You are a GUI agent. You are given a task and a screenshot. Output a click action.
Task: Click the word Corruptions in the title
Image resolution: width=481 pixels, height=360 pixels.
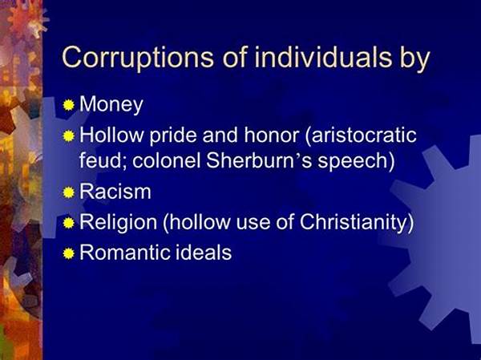138,58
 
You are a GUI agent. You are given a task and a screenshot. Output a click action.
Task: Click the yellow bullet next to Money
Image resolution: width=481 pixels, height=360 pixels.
69,105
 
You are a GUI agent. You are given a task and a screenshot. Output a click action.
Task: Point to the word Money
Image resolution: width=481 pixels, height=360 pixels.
111,105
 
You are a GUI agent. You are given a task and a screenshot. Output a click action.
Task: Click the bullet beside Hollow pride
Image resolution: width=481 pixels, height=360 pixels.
69,136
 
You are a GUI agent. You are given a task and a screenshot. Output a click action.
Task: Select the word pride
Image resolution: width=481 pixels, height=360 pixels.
172,136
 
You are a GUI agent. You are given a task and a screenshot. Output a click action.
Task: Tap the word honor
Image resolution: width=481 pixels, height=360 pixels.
271,136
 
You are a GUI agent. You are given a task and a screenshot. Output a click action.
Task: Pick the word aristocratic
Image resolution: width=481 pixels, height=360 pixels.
361,136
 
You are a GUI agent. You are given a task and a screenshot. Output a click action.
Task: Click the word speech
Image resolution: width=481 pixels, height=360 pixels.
356,160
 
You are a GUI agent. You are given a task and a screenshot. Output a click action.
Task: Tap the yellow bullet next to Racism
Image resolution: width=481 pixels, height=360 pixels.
69,192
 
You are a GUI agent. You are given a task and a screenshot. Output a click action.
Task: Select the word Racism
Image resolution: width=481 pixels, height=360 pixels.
115,192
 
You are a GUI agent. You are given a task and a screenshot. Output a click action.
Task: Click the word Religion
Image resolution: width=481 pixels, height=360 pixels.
118,222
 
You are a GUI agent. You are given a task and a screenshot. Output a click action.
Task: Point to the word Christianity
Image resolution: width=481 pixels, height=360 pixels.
357,222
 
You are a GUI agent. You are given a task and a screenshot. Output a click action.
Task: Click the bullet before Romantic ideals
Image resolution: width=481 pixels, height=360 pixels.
69,253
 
